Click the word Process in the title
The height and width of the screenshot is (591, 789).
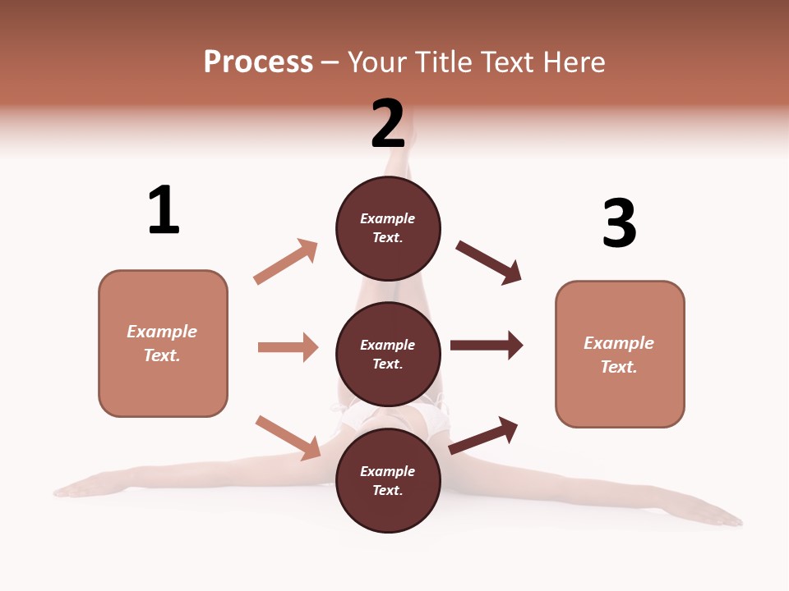click(258, 62)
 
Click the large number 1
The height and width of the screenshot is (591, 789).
click(164, 210)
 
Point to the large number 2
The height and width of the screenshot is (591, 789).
click(388, 124)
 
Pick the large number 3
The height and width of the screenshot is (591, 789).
click(619, 223)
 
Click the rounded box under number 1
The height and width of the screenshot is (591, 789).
click(163, 343)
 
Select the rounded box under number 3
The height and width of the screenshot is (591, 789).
click(620, 355)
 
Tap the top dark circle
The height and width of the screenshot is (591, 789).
click(388, 228)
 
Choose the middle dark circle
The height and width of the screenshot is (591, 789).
click(388, 355)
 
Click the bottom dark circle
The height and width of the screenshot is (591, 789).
click(388, 481)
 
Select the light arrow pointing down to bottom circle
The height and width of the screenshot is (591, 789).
click(288, 437)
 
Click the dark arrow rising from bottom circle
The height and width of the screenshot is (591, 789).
click(483, 435)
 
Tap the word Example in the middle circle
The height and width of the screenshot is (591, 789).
click(388, 345)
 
